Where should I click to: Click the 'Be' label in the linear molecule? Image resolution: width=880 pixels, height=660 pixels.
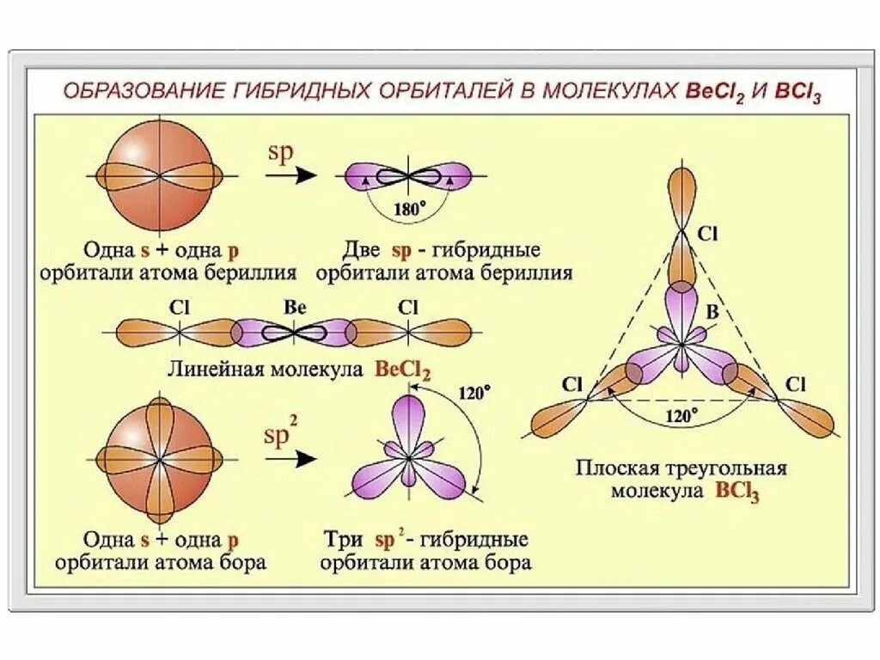point(295,307)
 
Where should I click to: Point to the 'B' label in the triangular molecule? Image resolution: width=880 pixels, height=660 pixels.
point(712,312)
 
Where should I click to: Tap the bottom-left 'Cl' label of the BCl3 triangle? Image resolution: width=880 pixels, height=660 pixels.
point(573,384)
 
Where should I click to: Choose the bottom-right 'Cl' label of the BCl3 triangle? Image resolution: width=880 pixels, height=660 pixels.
point(795,384)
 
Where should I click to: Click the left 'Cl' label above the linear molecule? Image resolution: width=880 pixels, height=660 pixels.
point(179,307)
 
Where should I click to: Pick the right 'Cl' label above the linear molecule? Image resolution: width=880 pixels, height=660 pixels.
point(408,307)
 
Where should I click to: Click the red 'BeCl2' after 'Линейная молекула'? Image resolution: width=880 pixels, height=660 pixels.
point(402,370)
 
